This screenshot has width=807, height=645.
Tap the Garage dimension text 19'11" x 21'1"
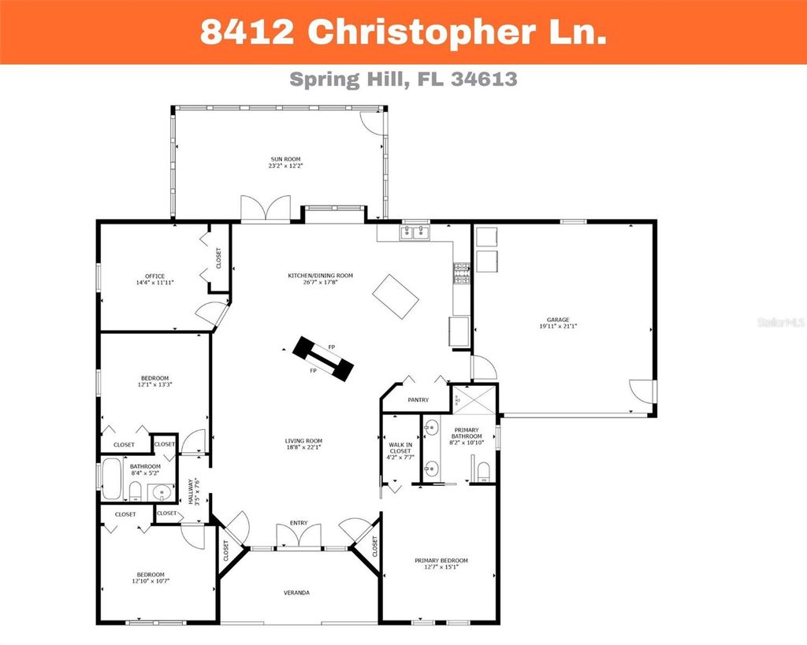[x=553, y=326]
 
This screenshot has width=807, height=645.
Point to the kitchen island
[x=396, y=296]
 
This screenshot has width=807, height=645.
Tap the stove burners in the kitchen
[x=460, y=272]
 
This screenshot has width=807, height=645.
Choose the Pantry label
[x=418, y=400]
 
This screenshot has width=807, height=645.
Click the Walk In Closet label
[x=400, y=450]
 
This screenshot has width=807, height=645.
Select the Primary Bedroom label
[x=441, y=561]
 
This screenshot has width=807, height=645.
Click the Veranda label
[x=297, y=592]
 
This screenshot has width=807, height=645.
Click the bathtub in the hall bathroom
[x=110, y=480]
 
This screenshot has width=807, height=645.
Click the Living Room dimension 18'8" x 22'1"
[x=303, y=447]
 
